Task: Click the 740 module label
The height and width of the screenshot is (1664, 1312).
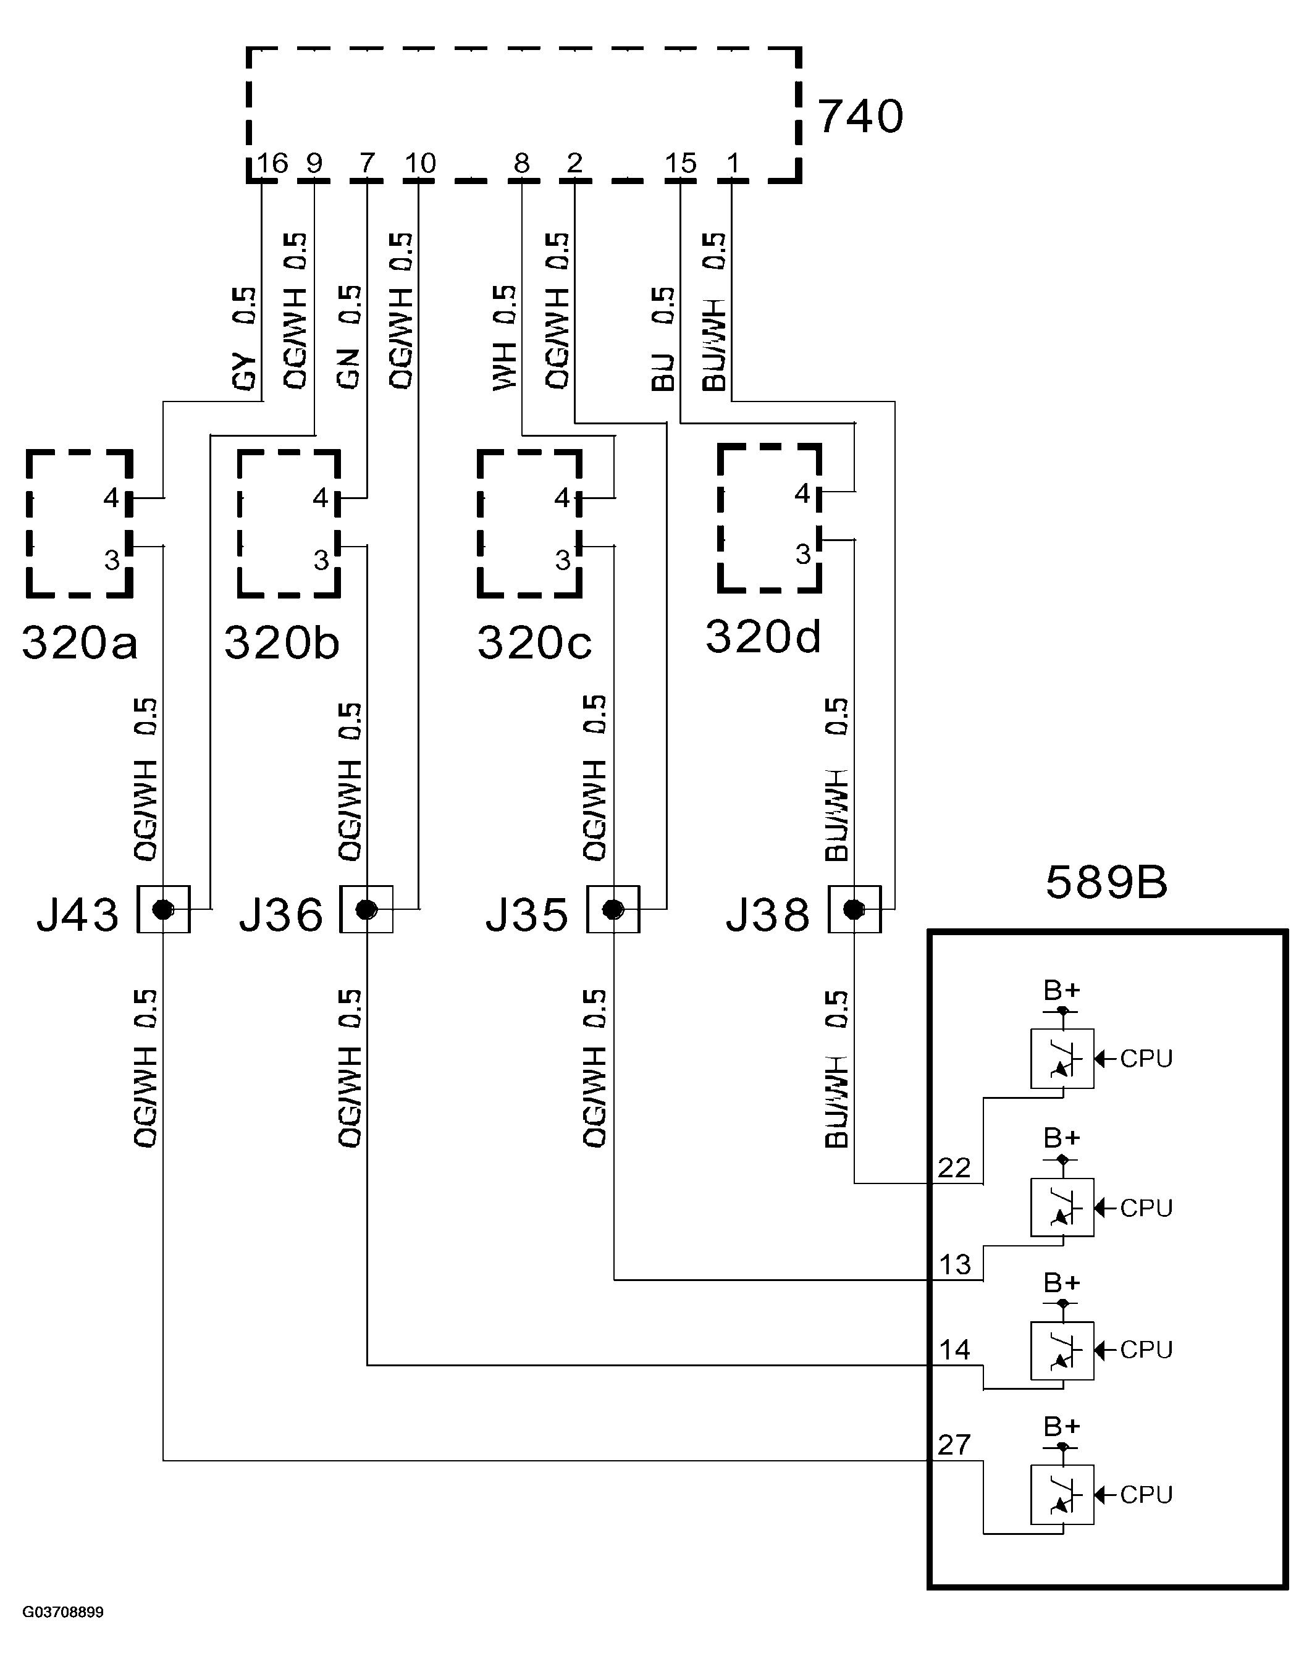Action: pos(860,117)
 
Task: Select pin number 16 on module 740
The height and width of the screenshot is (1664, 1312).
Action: pos(272,163)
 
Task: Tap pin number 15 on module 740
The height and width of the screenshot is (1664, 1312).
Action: pos(680,163)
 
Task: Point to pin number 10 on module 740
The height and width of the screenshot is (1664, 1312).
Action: pos(419,163)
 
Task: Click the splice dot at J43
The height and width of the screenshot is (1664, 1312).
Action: pos(163,910)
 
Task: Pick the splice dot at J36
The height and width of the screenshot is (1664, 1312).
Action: pos(366,910)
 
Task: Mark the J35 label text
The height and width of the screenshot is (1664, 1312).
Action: pos(527,914)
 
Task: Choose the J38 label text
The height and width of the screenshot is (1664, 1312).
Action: pos(767,914)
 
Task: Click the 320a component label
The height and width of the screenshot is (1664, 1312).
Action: pos(79,642)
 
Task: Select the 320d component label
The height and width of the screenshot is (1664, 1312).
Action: pos(763,636)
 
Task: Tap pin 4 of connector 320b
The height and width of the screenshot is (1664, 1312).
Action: pos(321,498)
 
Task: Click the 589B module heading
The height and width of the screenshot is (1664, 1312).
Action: pos(1106,882)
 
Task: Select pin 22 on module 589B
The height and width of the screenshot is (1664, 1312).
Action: pos(954,1168)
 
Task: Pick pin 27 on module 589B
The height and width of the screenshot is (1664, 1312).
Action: pos(954,1444)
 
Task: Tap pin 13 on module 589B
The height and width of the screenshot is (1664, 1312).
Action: pos(955,1264)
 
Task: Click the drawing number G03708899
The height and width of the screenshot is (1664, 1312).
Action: pos(62,1605)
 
